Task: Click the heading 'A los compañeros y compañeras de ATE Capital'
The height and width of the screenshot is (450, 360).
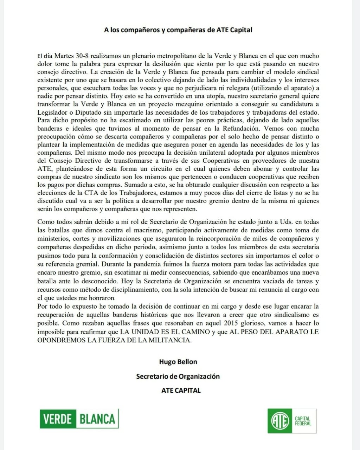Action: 178,30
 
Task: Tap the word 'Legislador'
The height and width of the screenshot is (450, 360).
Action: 52,112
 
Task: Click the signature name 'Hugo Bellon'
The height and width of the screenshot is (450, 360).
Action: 178,362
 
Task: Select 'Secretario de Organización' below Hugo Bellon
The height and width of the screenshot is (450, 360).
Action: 178,376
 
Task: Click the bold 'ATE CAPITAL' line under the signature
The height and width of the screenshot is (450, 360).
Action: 181,390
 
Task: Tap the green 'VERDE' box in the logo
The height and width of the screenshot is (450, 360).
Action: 58,419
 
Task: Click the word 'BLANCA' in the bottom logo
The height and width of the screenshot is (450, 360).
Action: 97,419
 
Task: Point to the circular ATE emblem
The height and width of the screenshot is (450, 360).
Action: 280,421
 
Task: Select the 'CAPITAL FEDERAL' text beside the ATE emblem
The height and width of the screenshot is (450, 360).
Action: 303,421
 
